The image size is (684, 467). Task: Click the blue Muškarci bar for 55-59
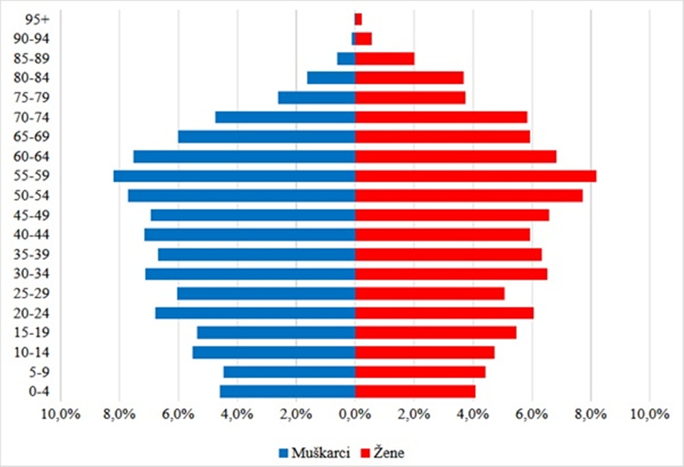tap(234, 176)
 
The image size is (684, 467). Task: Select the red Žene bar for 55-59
tap(475, 176)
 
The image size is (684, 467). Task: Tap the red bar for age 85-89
tap(384, 59)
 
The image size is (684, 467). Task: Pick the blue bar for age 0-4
tap(287, 391)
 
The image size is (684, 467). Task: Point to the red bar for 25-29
tap(429, 293)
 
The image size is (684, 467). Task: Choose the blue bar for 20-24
tap(255, 313)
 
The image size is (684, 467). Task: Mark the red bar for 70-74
tap(441, 117)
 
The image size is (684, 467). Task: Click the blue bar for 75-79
tap(316, 98)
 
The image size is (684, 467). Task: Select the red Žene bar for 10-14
tap(424, 352)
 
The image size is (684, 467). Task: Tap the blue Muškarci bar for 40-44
tap(249, 235)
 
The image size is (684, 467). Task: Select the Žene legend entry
tap(389, 453)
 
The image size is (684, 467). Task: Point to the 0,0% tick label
tap(354, 414)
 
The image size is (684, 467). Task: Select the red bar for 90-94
tap(363, 39)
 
